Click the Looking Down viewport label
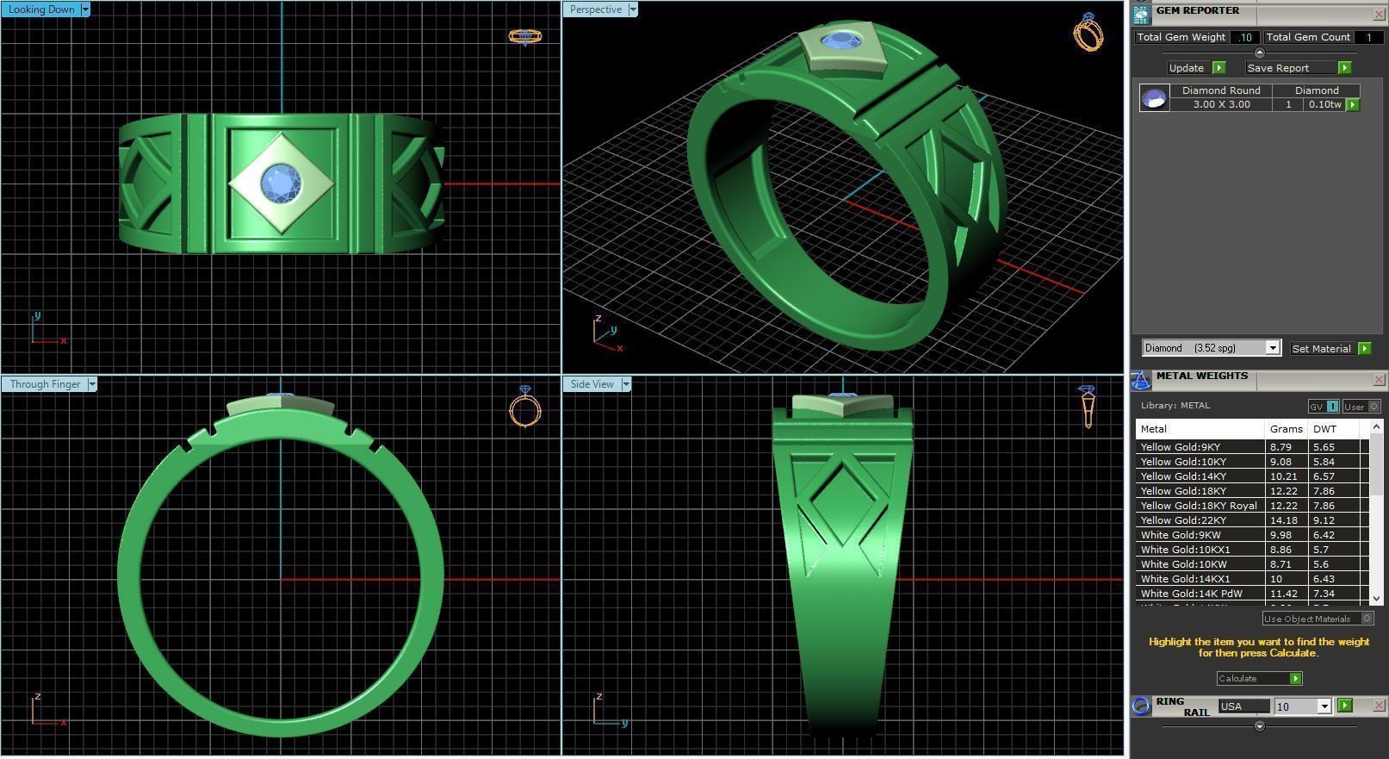tap(40, 9)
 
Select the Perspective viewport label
tap(595, 9)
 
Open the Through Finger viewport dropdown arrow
tap(92, 384)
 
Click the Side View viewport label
tap(592, 384)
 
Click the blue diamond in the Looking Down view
tap(279, 182)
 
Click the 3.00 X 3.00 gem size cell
tap(1221, 104)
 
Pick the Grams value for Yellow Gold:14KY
tap(1282, 476)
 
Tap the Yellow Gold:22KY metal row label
tap(1183, 520)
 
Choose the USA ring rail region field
tap(1243, 706)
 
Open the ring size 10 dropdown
tap(1324, 706)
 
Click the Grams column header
tap(1286, 429)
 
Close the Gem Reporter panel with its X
tap(1379, 15)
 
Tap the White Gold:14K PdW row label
tap(1191, 594)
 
